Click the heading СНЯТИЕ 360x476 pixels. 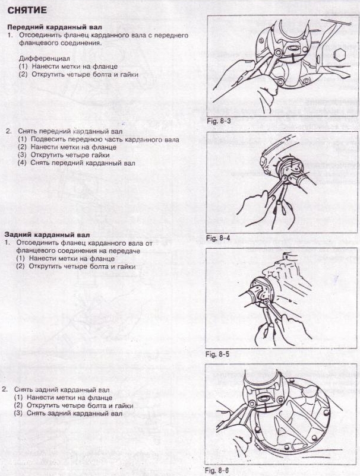(27, 10)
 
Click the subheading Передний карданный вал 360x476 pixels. (55, 27)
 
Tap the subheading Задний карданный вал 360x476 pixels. (47, 235)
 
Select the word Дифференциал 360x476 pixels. (45, 58)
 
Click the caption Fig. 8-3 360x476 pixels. (219, 121)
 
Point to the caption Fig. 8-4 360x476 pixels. (218, 238)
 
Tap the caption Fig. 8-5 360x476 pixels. (217, 354)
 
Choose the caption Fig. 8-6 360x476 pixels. (217, 471)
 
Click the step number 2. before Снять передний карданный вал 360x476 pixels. (8, 131)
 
